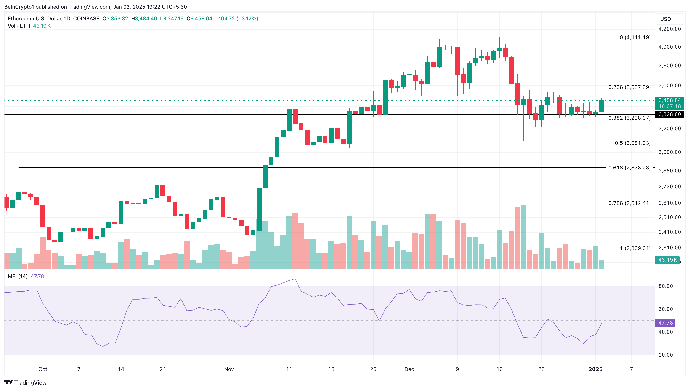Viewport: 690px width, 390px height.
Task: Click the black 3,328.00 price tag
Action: pos(669,114)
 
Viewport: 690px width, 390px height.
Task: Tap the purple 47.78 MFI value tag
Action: pos(665,323)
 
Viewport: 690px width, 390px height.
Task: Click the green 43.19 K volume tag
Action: pos(667,260)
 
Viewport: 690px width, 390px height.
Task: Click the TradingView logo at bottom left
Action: pos(26,382)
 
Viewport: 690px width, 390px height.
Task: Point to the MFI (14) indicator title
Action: pos(18,276)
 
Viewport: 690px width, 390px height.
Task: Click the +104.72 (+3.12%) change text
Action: pos(236,18)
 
